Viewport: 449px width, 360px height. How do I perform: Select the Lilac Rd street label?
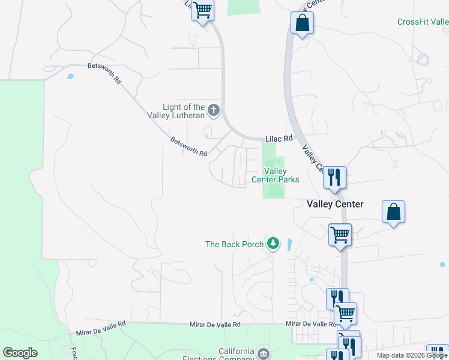click(x=279, y=139)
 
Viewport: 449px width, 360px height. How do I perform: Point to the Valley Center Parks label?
click(x=275, y=175)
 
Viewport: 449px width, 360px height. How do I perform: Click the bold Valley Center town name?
click(x=335, y=204)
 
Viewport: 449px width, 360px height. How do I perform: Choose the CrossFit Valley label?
click(x=423, y=22)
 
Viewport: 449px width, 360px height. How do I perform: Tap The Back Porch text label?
click(x=234, y=244)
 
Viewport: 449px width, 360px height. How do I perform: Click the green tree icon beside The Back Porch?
click(x=274, y=243)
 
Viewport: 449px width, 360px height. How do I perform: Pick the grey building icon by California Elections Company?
click(x=263, y=354)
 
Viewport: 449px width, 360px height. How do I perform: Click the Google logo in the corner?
click(x=20, y=353)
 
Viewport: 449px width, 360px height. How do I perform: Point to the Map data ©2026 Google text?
click(x=411, y=355)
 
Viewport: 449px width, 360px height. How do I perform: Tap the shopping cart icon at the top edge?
click(x=202, y=10)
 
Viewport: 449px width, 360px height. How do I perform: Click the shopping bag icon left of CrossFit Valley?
click(x=302, y=24)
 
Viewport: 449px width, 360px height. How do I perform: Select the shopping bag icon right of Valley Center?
click(x=393, y=212)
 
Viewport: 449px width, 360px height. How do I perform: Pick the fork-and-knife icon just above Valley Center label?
click(x=334, y=177)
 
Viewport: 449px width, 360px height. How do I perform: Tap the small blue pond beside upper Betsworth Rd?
click(x=71, y=77)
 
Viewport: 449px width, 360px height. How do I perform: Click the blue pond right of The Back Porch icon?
click(x=289, y=245)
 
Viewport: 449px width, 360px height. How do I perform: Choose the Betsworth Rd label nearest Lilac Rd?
click(x=188, y=147)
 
